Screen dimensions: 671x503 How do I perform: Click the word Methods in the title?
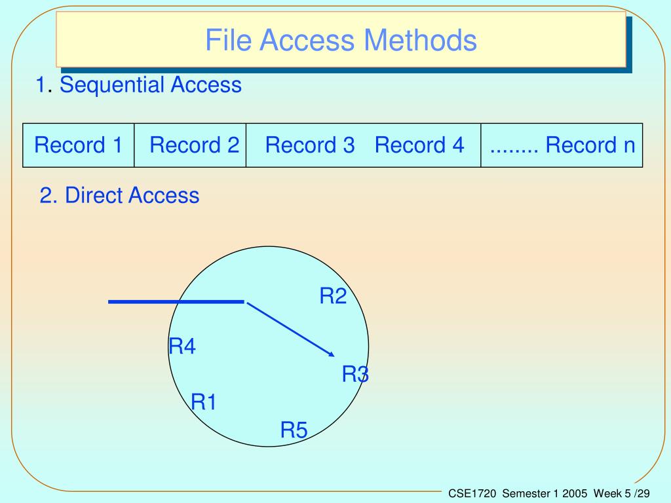[420, 40]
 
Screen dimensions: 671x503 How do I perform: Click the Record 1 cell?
[79, 145]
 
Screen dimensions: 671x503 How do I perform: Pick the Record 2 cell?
[194, 145]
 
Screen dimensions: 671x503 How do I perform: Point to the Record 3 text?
[310, 145]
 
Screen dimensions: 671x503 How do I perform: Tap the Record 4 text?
[419, 145]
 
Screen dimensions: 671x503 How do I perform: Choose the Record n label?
[590, 145]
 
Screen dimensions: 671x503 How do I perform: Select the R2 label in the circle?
[332, 297]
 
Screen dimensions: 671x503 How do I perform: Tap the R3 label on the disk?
[355, 375]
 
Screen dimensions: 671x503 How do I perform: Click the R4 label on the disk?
[182, 346]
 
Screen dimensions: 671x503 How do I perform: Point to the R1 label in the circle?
[203, 401]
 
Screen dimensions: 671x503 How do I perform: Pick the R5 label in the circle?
[294, 430]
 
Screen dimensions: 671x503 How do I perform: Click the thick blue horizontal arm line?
[176, 301]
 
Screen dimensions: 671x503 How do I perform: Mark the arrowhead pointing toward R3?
[331, 354]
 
